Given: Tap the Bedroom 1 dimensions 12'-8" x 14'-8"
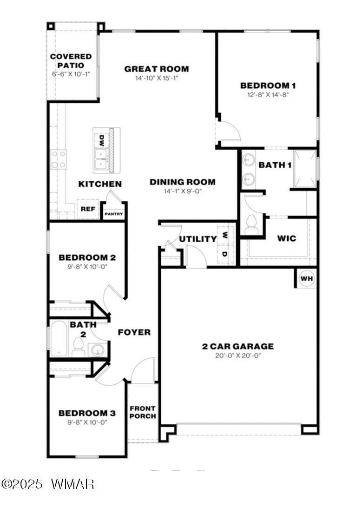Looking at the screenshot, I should [x=268, y=94].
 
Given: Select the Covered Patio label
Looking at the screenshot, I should [x=71, y=61].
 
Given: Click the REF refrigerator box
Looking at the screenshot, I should [x=88, y=209].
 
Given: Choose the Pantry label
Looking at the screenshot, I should [x=113, y=214].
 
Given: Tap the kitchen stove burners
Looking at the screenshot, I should [x=59, y=159].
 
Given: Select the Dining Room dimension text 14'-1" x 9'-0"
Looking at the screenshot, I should [x=182, y=191].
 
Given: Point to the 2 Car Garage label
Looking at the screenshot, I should [x=237, y=346].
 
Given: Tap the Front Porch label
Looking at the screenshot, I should [x=142, y=412].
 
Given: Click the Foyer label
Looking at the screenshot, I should [x=134, y=332].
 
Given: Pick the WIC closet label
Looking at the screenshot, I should [x=286, y=238].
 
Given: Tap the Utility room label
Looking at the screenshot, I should [x=198, y=239].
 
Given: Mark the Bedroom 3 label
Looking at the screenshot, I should [x=86, y=413].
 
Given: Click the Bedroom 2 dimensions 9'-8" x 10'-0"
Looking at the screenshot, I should [x=87, y=266].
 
